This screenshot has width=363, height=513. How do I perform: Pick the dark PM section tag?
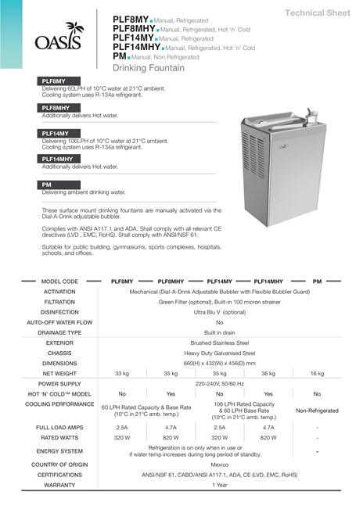click(48, 185)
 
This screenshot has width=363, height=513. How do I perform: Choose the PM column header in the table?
click(317, 281)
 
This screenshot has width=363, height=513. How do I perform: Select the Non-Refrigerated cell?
click(317, 410)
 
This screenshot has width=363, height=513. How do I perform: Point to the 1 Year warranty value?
click(219, 485)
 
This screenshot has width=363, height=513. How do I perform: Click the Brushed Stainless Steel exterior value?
click(219, 343)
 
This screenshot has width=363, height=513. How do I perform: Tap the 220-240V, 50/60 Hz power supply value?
click(219, 384)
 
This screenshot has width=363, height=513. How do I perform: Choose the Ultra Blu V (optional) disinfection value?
click(219, 311)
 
